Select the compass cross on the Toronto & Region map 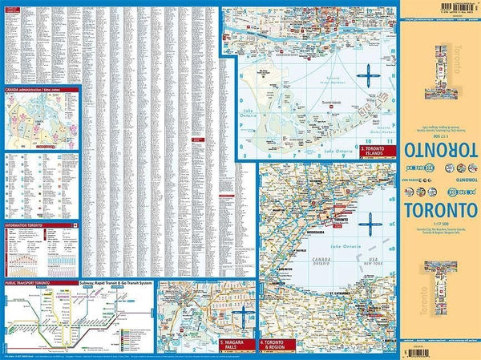(371, 222)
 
